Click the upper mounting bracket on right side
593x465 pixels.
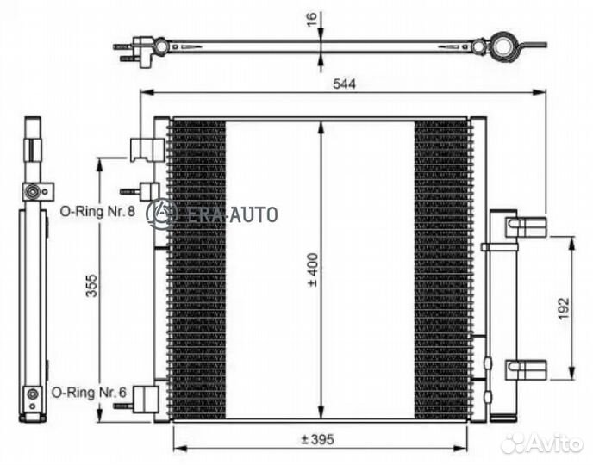[x=525, y=226]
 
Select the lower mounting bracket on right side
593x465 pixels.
[x=524, y=371]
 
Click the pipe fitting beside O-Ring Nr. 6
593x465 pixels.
[x=147, y=398]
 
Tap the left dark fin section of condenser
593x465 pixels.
[x=197, y=267]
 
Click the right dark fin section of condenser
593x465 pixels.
[x=443, y=267]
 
